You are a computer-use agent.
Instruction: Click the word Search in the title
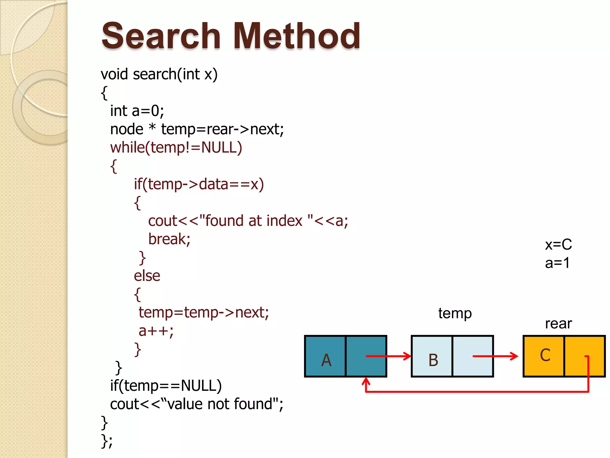click(161, 36)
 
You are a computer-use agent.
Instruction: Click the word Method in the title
click(297, 36)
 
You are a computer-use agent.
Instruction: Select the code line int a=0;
click(137, 111)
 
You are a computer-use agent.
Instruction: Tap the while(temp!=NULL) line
click(176, 148)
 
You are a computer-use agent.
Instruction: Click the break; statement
click(169, 239)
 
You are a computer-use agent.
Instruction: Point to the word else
click(147, 276)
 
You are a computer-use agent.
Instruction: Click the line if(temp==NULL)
click(166, 386)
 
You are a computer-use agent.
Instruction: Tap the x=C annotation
click(558, 245)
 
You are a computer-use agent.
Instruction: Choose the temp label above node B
click(455, 314)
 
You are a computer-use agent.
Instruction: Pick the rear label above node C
click(558, 324)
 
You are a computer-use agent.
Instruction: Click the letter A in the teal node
click(326, 360)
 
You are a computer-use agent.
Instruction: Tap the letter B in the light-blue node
click(433, 360)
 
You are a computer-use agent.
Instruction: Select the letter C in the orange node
click(545, 355)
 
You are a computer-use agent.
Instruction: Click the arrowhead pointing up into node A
click(366, 381)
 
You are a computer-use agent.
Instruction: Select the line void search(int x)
click(159, 74)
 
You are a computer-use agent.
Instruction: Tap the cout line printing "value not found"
click(197, 404)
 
